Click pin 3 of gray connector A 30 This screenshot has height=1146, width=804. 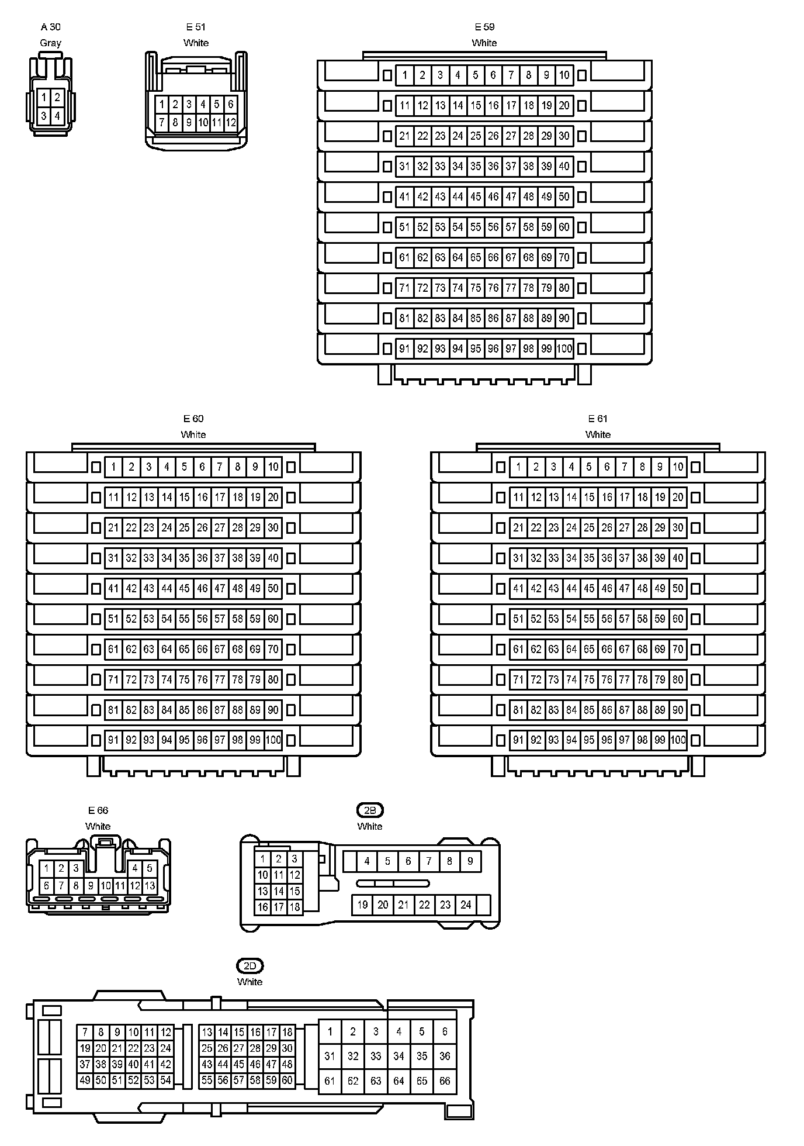tap(44, 116)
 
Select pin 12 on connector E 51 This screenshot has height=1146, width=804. tap(231, 123)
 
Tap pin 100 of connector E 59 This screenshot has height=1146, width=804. tap(564, 349)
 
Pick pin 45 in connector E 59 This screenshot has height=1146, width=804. tap(476, 197)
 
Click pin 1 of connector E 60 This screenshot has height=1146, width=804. tap(113, 467)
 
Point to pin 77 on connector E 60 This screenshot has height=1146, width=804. tap(220, 680)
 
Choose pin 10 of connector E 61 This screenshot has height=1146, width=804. tap(678, 467)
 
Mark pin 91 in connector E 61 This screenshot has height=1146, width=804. tap(518, 740)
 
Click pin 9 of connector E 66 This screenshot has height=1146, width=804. tap(91, 886)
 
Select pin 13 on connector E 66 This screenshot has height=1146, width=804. tap(150, 886)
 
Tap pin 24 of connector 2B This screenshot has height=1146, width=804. tap(466, 905)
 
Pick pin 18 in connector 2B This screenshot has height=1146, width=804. tap(294, 907)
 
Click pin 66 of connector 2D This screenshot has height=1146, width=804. tap(445, 1081)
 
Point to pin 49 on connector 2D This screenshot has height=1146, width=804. tap(85, 1081)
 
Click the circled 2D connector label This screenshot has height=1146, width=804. tap(249, 966)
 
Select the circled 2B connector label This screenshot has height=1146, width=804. tap(370, 810)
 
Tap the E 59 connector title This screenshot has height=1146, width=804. tap(484, 27)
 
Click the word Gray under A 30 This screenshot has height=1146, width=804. tap(50, 43)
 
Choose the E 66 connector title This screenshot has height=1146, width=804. tap(98, 810)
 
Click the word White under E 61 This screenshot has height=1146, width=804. tap(598, 434)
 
